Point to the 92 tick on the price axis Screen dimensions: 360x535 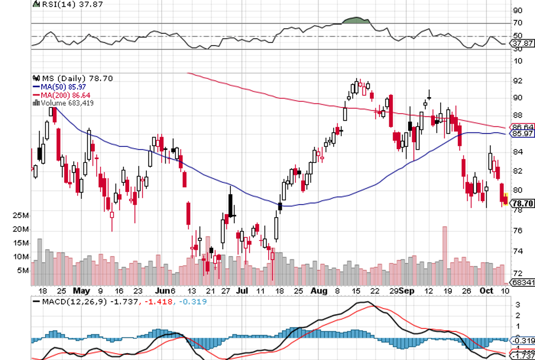coord(517,81)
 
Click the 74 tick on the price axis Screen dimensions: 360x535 coord(517,251)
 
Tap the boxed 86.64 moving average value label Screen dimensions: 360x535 coord(521,127)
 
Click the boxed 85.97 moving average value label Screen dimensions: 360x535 coord(521,134)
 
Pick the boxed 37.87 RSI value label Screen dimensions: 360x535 coord(521,43)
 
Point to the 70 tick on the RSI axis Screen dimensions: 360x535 coord(517,23)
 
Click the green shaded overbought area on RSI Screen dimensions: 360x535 coord(356,21)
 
